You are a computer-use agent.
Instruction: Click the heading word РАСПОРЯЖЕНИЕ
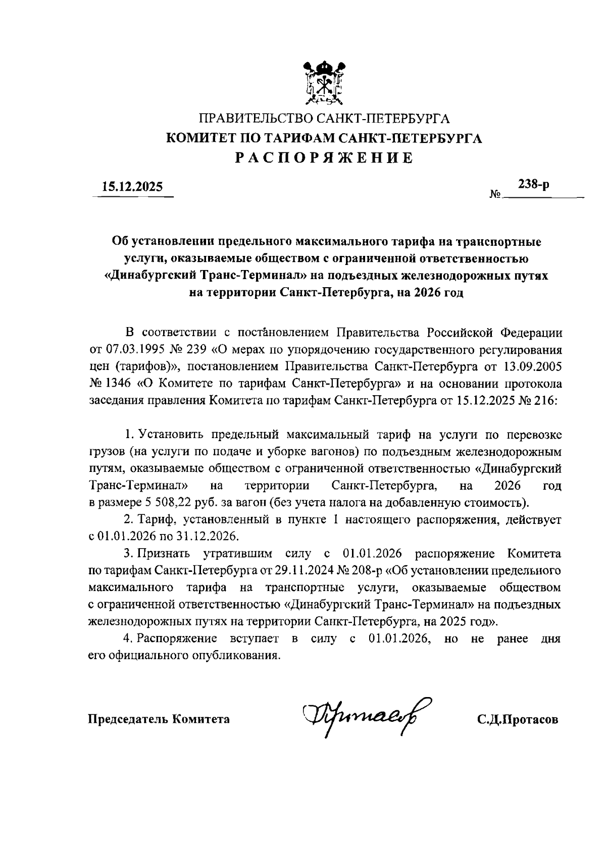[324, 158]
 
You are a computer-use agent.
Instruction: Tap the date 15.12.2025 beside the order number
[133, 187]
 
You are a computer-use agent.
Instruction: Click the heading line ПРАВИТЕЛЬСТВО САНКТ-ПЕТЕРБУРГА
[324, 119]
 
